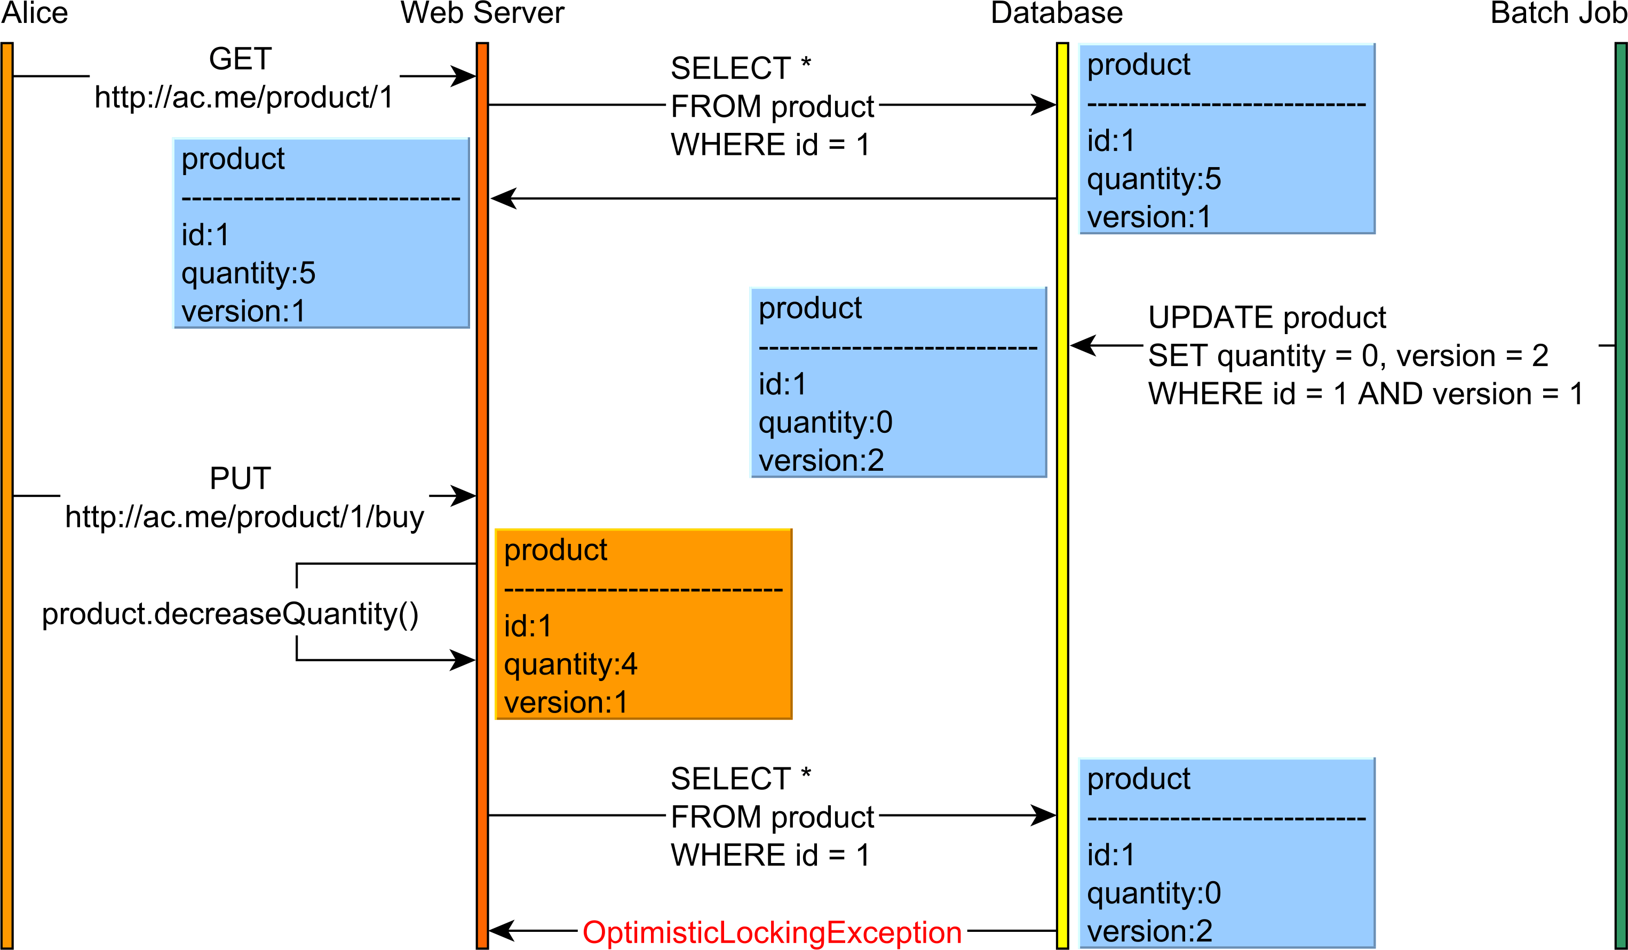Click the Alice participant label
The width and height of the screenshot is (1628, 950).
tap(34, 13)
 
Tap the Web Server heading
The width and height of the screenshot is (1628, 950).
tap(482, 13)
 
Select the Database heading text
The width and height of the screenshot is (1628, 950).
tap(1057, 13)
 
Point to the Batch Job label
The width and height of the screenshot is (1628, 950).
tap(1557, 13)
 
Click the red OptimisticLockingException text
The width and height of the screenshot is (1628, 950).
tap(772, 932)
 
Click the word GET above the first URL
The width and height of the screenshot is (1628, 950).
tap(240, 59)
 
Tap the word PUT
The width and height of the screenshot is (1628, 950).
tap(240, 479)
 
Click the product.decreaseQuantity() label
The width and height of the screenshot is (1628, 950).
tap(230, 614)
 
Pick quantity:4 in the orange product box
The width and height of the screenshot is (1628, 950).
tap(570, 664)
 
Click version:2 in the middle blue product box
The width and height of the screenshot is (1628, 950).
tap(821, 461)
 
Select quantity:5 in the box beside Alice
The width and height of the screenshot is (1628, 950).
tap(248, 273)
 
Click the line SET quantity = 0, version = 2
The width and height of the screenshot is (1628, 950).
tap(1348, 356)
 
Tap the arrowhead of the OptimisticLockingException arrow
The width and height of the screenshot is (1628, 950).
tap(501, 931)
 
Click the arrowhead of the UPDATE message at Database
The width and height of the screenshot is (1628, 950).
tap(1083, 345)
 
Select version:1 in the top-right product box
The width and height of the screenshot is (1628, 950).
tap(1149, 217)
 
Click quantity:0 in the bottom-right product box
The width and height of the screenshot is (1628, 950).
tap(1154, 893)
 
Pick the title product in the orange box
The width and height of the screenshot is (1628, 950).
tap(555, 550)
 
